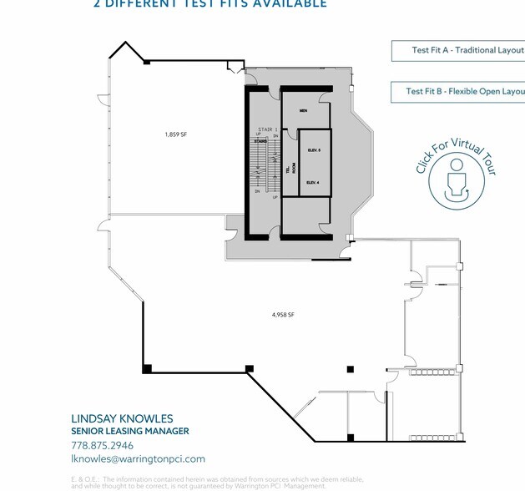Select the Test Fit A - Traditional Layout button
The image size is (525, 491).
(458, 50)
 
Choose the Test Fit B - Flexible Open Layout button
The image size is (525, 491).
(458, 92)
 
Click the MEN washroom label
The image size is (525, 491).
(304, 110)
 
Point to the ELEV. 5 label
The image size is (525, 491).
(314, 150)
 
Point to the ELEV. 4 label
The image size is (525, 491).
(314, 182)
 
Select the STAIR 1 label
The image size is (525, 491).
(266, 129)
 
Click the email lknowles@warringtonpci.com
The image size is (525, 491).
(138, 458)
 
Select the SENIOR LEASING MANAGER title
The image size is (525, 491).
(129, 431)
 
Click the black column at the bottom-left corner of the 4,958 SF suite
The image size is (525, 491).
(147, 368)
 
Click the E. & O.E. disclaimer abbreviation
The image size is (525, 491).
(84, 478)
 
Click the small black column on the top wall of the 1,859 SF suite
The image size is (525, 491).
(147, 62)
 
